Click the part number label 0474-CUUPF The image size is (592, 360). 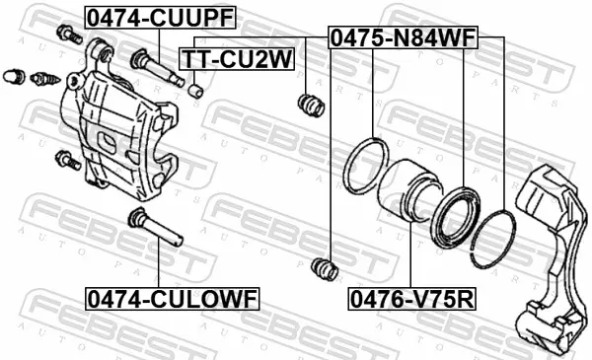pos(161,18)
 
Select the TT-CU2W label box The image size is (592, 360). pos(237,59)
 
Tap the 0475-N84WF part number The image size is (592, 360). pos(404,37)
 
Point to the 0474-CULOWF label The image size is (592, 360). pos(173,299)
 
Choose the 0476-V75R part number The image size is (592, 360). pos(411,299)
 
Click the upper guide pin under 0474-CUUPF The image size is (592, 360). pos(157,67)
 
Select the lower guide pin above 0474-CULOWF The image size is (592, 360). pos(155,227)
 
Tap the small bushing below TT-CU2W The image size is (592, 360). pos(195,91)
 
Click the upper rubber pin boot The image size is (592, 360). pos(311,105)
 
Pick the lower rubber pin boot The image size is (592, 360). pos(325,268)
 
